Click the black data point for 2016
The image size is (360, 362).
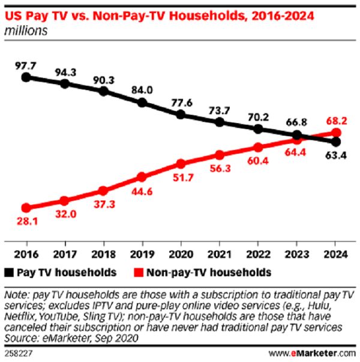point(25,77)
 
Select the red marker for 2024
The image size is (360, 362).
point(336,133)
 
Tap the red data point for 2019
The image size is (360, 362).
point(142,176)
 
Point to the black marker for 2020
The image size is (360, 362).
point(181,114)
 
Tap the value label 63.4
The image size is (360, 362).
point(336,157)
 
